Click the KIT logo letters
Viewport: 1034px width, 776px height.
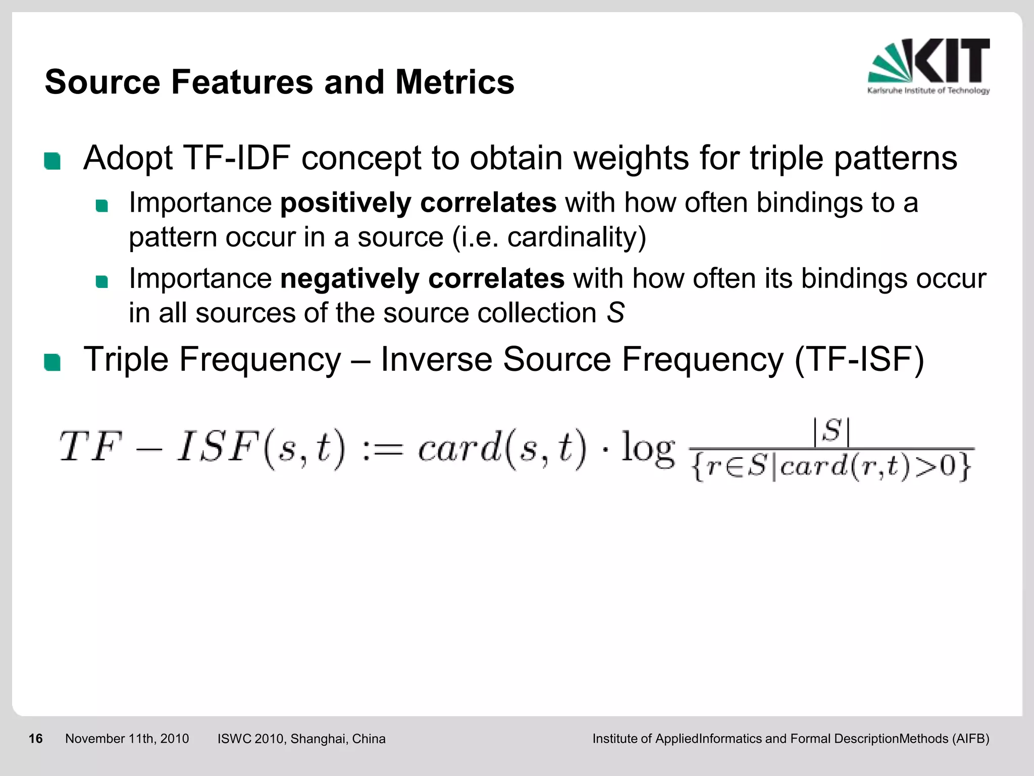[x=952, y=61]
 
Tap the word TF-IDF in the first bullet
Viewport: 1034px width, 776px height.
[x=236, y=158]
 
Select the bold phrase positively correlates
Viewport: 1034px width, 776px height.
[x=418, y=203]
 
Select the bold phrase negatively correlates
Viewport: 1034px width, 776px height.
[x=422, y=279]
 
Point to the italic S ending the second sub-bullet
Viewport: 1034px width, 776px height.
[x=615, y=313]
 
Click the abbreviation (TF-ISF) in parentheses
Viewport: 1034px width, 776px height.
[x=859, y=360]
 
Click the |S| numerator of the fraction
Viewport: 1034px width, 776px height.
[x=832, y=432]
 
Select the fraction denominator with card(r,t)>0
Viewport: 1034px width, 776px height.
[x=832, y=467]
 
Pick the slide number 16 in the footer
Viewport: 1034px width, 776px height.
[x=35, y=739]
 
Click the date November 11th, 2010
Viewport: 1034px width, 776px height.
[x=127, y=739]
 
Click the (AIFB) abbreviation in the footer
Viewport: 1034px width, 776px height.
[x=970, y=739]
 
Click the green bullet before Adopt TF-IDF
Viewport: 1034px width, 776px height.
[x=53, y=161]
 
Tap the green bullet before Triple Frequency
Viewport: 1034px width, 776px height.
[x=53, y=363]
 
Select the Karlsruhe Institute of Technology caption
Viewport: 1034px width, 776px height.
[x=928, y=91]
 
